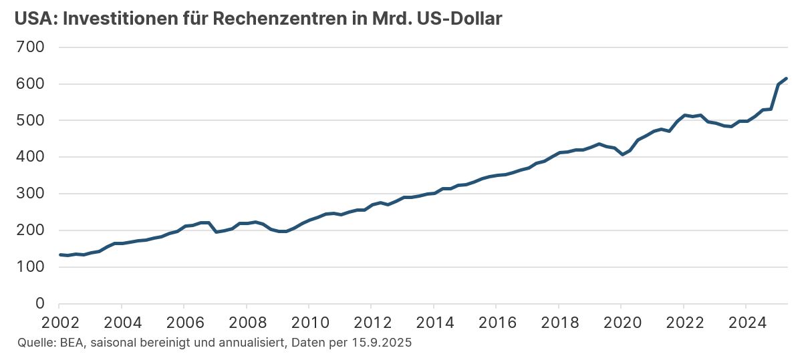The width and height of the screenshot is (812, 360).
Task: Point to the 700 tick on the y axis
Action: point(30,47)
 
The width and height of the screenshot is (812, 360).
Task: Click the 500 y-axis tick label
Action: point(30,121)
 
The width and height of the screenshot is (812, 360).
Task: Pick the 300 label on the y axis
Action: point(30,194)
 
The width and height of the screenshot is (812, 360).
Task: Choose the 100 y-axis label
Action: point(30,267)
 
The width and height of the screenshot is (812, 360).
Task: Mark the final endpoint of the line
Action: point(787,78)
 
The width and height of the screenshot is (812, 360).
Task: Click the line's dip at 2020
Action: point(621,154)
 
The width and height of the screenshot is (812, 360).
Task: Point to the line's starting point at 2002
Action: point(60,254)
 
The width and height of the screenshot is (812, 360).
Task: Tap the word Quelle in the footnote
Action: point(32,343)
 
